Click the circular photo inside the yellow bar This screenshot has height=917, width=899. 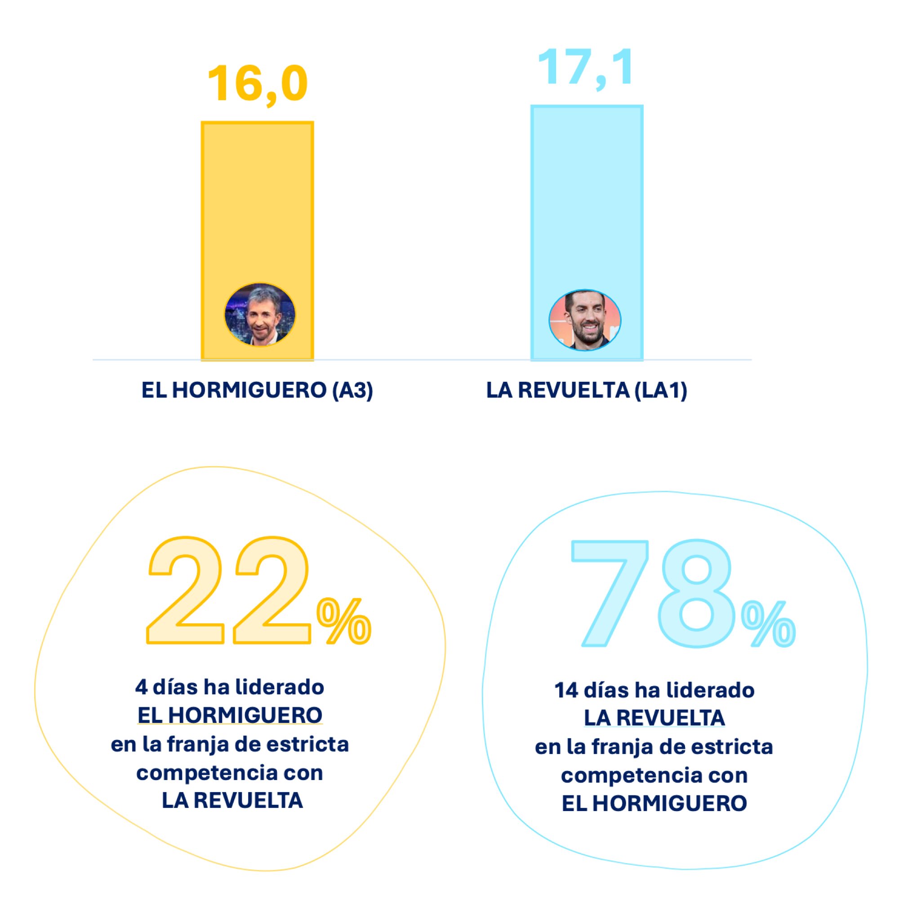[260, 315]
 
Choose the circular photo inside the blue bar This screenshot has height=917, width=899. [584, 320]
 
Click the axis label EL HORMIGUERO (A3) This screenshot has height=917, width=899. [257, 391]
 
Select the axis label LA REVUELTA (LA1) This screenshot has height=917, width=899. [587, 391]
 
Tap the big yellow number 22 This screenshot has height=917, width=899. [229, 591]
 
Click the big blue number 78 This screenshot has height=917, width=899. [654, 593]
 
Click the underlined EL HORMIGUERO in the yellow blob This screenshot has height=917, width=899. [230, 715]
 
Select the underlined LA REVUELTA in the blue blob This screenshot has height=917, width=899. [654, 718]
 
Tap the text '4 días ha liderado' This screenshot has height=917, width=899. [230, 687]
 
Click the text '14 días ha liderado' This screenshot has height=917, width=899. [654, 690]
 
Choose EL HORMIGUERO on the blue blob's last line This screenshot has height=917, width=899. [654, 803]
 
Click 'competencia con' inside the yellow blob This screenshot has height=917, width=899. [230, 773]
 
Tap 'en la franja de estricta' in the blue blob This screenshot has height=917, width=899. [654, 747]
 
